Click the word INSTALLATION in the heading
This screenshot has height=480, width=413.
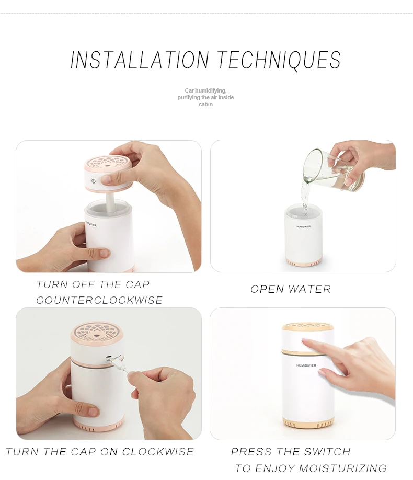point(140,60)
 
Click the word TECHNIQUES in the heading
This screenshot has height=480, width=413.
point(279,60)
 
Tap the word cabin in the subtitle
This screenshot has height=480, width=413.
point(205,104)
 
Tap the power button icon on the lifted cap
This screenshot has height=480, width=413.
point(94,181)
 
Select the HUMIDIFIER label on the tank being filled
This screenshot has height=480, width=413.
point(303,226)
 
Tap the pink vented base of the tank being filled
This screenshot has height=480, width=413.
point(303,262)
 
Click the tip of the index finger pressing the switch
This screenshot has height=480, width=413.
point(304,341)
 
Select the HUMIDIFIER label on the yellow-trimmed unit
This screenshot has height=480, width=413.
point(306,365)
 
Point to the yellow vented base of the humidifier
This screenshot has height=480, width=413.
point(308,423)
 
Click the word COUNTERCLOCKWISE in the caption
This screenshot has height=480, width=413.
point(99,300)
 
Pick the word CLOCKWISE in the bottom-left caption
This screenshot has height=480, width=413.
point(158,452)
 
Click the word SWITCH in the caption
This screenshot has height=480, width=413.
point(327,452)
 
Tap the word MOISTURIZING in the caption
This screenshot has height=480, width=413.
point(342,468)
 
